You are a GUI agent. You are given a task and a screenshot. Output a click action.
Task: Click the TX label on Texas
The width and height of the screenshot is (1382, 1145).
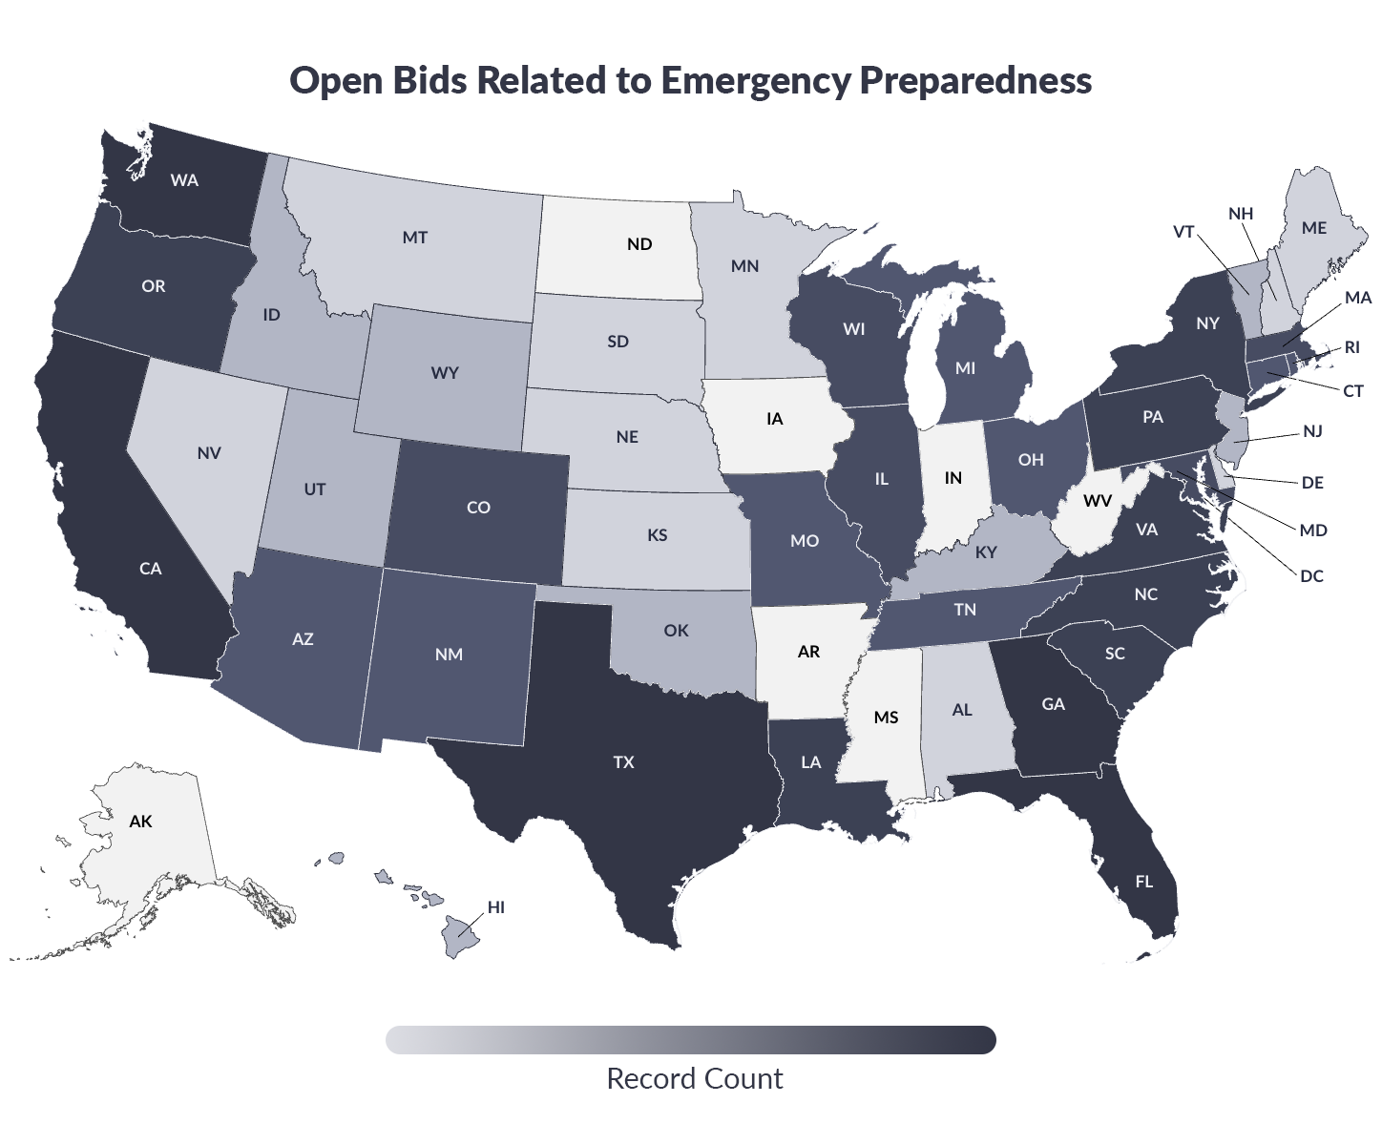point(623,761)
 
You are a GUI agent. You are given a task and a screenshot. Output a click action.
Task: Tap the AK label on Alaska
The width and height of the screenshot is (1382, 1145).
point(140,821)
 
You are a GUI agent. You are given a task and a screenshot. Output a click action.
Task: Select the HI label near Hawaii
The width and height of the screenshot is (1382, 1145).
point(495,906)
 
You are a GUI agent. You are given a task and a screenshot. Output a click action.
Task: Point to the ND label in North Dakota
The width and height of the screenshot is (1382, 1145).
point(639,244)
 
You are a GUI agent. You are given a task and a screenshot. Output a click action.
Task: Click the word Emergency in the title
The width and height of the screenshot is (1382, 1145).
point(754,80)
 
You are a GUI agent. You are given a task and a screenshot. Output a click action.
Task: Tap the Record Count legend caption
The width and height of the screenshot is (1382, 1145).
point(694,1078)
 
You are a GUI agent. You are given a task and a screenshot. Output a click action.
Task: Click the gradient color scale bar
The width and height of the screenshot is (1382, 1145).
point(690,1040)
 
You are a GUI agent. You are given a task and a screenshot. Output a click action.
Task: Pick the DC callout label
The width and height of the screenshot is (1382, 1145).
point(1311,575)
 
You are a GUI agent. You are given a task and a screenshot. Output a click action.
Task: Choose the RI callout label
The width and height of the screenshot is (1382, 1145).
point(1351,347)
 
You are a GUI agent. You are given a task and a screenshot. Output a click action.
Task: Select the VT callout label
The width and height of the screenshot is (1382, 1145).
point(1183,232)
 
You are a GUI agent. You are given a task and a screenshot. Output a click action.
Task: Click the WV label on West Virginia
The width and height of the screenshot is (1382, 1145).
point(1098,500)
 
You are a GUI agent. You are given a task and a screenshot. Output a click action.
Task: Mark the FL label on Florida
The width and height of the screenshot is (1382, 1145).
point(1143,881)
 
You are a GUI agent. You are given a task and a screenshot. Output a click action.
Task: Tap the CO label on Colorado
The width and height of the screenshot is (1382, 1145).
point(478,507)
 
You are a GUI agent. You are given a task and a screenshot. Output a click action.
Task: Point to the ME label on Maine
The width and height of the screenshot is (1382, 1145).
point(1314,228)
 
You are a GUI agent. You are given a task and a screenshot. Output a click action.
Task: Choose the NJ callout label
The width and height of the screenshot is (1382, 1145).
point(1312,431)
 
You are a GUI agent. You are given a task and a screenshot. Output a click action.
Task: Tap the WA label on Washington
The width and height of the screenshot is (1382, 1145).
point(184,179)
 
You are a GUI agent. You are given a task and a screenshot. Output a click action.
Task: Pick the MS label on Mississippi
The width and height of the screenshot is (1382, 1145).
point(886,717)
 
